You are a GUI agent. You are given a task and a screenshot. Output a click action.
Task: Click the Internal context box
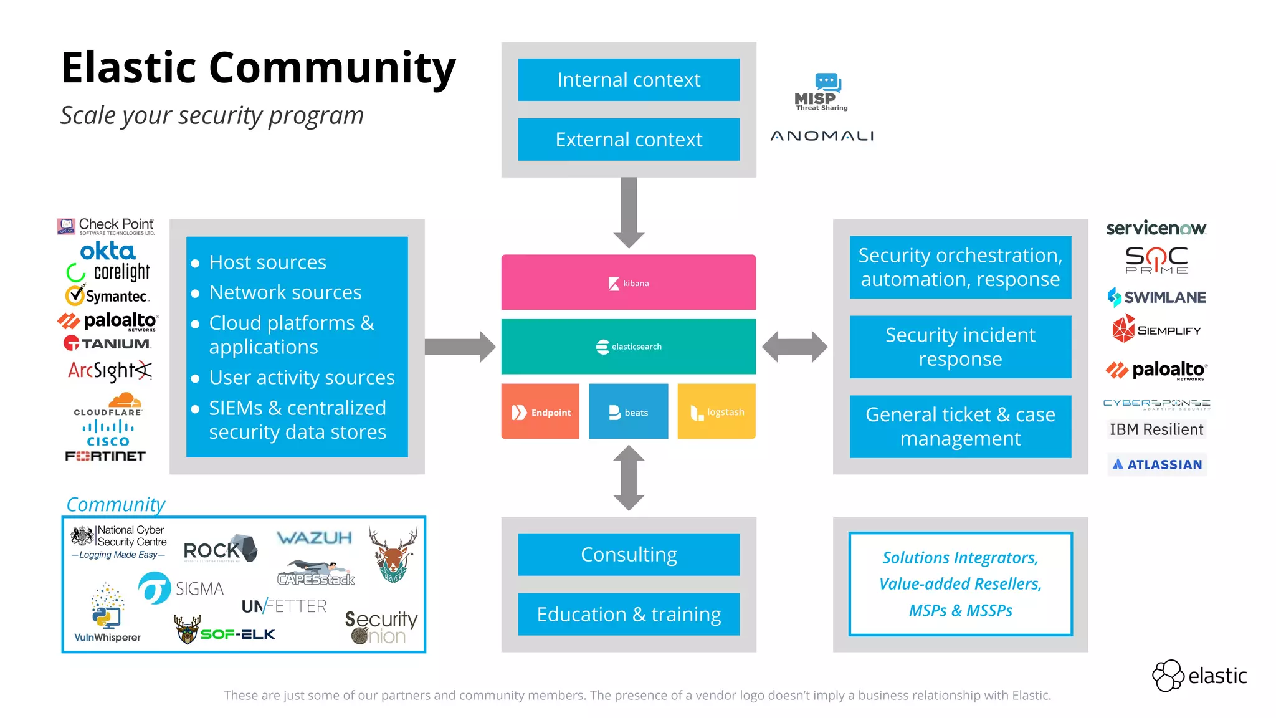[629, 80]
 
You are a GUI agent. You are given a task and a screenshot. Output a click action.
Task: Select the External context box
[629, 140]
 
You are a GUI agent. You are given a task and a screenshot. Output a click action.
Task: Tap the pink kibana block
[629, 282]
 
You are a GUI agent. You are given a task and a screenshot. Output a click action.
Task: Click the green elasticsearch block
[629, 347]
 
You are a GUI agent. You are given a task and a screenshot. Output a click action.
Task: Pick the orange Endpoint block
[540, 412]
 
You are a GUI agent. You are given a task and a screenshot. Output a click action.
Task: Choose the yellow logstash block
[717, 412]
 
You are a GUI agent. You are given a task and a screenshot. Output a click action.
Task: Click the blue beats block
[628, 412]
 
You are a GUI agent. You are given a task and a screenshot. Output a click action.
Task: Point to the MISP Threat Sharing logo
[821, 92]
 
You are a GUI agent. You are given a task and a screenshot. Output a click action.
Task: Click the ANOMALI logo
[822, 136]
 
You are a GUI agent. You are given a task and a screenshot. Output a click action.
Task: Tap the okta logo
[107, 251]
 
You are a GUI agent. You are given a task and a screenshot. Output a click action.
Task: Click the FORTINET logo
[105, 456]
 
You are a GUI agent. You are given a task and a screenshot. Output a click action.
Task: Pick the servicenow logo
[1156, 229]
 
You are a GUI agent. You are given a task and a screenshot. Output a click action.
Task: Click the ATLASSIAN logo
[1157, 464]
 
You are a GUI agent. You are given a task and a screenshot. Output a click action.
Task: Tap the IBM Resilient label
[1156, 429]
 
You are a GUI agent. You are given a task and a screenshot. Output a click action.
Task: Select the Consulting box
[629, 554]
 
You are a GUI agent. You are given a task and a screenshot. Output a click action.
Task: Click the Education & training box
[629, 614]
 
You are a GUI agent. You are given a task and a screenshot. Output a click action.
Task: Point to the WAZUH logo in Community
[314, 538]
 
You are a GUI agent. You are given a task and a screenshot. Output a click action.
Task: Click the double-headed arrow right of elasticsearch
[794, 347]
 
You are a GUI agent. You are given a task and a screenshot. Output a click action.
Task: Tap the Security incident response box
[960, 347]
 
